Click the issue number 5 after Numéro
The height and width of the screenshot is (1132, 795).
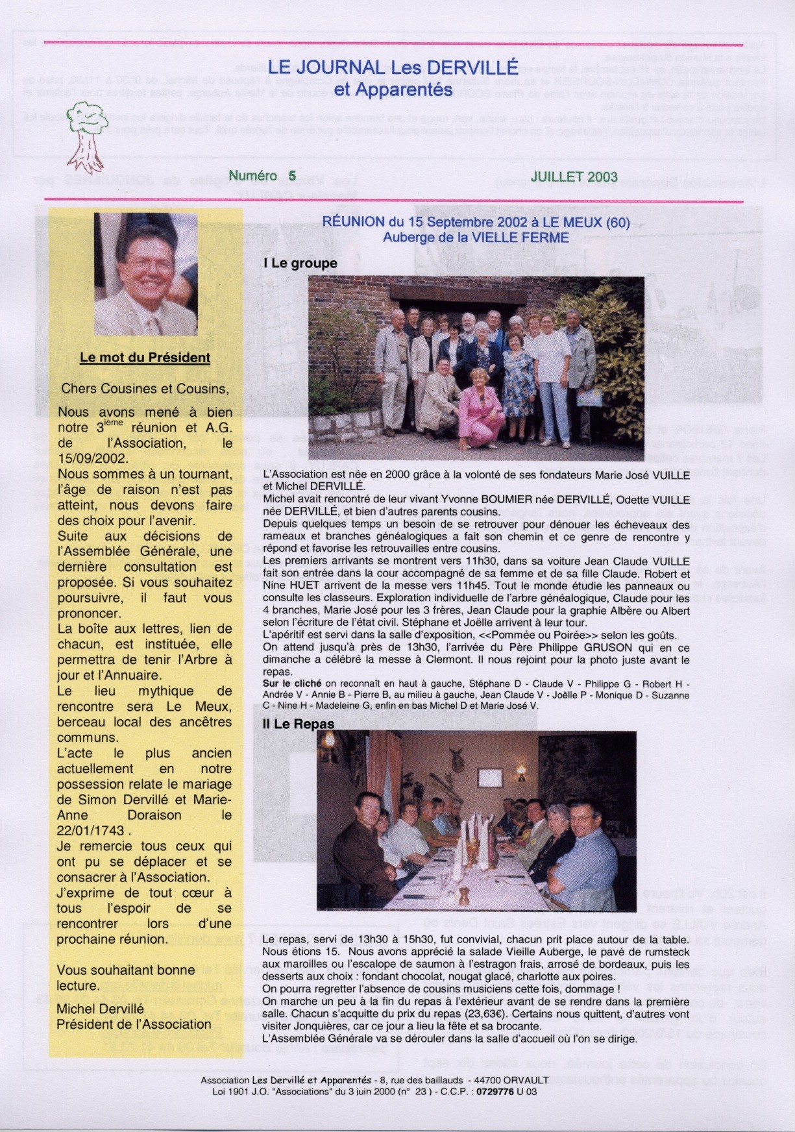coord(292,176)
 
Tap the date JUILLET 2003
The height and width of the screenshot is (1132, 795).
coord(574,177)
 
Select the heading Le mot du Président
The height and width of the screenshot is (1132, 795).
coord(145,358)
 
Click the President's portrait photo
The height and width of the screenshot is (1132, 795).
coord(145,273)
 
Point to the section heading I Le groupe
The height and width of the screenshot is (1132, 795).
coord(300,264)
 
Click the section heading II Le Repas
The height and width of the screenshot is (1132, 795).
coord(299,724)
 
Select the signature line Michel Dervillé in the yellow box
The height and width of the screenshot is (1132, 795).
coord(100,1009)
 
